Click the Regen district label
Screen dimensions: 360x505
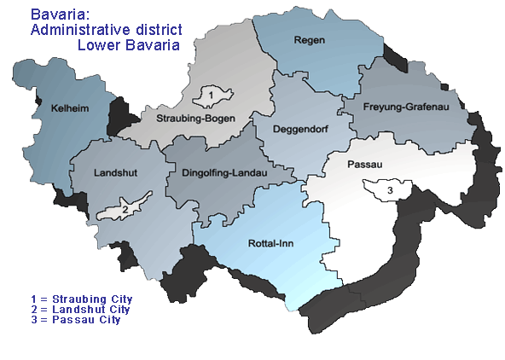[x=311, y=41]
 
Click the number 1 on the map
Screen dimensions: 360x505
[x=209, y=93]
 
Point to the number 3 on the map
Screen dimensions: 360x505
[x=391, y=189]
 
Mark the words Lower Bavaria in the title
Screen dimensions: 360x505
[x=128, y=44]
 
